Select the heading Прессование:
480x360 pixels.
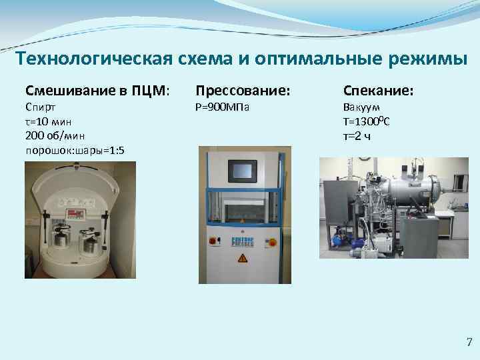[x=243, y=90]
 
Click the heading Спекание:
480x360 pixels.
[x=378, y=90]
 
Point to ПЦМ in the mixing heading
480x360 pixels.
[x=149, y=90]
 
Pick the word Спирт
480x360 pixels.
[x=41, y=107]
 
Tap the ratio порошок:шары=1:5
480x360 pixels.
[x=74, y=151]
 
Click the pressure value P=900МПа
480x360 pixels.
[x=222, y=107]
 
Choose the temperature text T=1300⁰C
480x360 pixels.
[x=366, y=121]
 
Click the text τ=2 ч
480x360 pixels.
[x=357, y=136]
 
